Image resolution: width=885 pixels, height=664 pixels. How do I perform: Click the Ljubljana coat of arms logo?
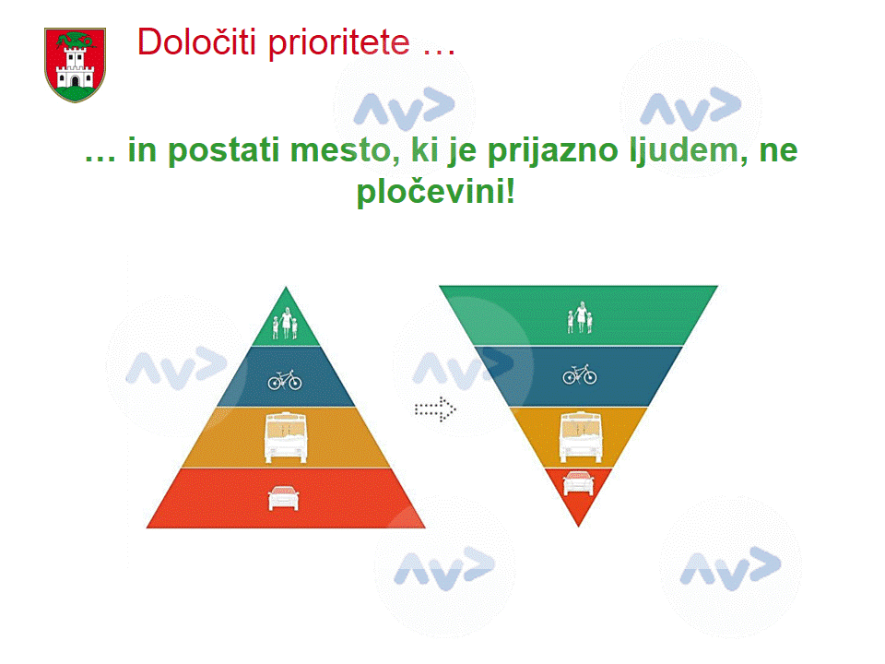[x=75, y=65]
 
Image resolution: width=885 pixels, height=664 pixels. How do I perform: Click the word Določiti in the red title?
[x=197, y=42]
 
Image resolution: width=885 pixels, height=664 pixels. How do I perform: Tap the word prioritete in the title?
[x=338, y=44]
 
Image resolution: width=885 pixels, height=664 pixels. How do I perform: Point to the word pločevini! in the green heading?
[x=436, y=192]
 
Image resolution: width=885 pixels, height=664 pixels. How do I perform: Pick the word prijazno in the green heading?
[x=553, y=151]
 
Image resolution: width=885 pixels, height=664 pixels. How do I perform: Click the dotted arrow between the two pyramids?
[x=435, y=409]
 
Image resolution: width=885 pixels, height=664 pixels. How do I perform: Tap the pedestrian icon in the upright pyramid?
[x=286, y=323]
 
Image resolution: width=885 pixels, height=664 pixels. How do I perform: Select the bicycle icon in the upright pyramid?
[x=285, y=381]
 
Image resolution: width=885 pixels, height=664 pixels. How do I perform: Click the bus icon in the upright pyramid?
[x=286, y=437]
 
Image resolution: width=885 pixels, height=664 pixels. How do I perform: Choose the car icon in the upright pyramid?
[x=283, y=497]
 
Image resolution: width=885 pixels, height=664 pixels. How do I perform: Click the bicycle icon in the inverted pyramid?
[x=580, y=374]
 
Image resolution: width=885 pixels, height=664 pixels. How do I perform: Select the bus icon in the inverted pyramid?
[x=581, y=437]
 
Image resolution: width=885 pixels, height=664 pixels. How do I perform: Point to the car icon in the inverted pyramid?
[x=579, y=483]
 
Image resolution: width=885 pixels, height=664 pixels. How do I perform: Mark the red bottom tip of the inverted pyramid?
[x=578, y=525]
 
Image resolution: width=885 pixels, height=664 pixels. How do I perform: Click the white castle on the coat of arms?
[x=75, y=69]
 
